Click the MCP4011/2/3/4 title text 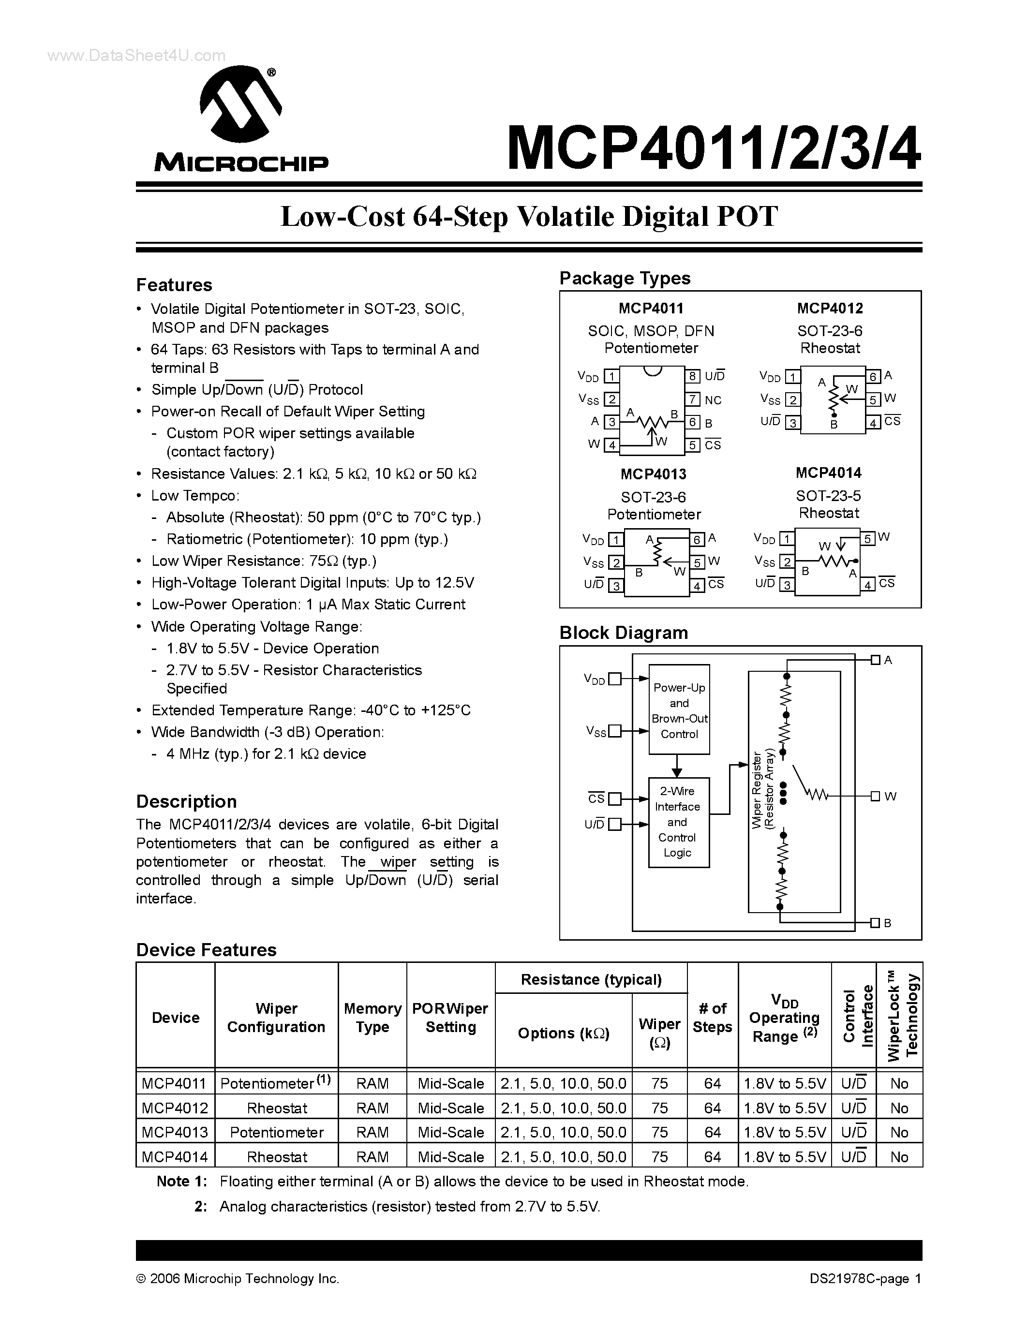(x=713, y=148)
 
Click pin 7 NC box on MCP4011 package (x=692, y=399)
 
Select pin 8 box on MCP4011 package (x=692, y=376)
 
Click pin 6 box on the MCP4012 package (x=873, y=376)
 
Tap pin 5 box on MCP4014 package (x=868, y=538)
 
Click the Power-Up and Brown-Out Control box (x=679, y=709)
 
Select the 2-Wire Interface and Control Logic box (x=678, y=822)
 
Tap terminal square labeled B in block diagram (x=875, y=923)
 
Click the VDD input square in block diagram (x=615, y=679)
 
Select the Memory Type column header (x=372, y=1018)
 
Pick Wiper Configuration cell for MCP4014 (x=277, y=1156)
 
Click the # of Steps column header (x=712, y=1018)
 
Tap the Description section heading (x=186, y=801)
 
